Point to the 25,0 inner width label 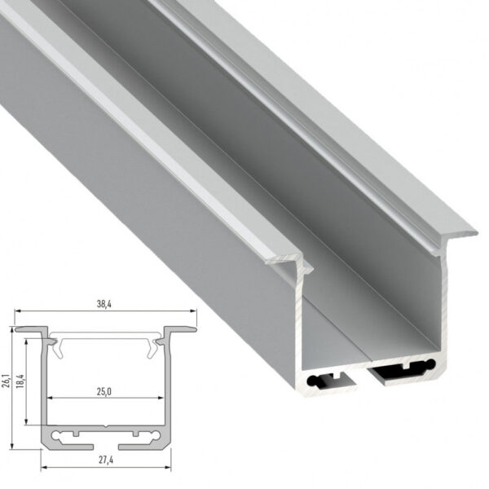tap(103, 391)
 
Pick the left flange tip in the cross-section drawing tap(18, 330)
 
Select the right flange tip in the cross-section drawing tap(194, 330)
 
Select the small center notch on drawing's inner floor tap(106, 426)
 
